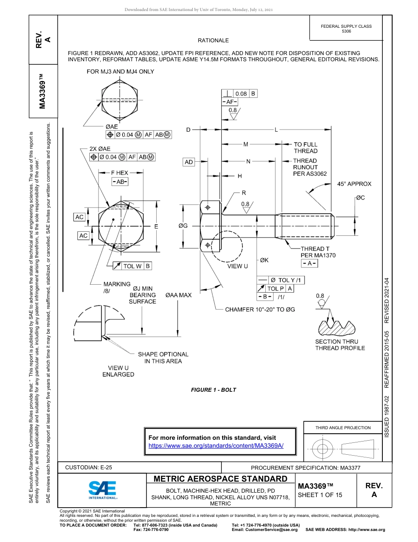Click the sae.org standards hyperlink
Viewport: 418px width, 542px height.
[216, 445]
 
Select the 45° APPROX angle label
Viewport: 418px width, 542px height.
[354, 184]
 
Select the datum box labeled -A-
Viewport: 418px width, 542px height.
[309, 263]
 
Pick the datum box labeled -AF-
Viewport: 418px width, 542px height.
[229, 102]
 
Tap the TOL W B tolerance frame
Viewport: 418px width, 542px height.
[132, 266]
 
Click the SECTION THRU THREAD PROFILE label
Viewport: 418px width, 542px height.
[340, 345]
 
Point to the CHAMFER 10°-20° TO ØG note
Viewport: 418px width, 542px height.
[260, 309]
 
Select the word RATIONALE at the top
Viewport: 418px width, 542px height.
[213, 41]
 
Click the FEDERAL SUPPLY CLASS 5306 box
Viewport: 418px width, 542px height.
[346, 29]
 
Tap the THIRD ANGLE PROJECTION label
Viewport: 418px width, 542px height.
[343, 427]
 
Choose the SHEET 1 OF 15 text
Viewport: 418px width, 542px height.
[320, 494]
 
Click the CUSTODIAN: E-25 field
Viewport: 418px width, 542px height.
[92, 468]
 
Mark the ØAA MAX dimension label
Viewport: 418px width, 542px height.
[178, 295]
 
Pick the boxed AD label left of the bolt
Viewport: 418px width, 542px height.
[189, 162]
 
